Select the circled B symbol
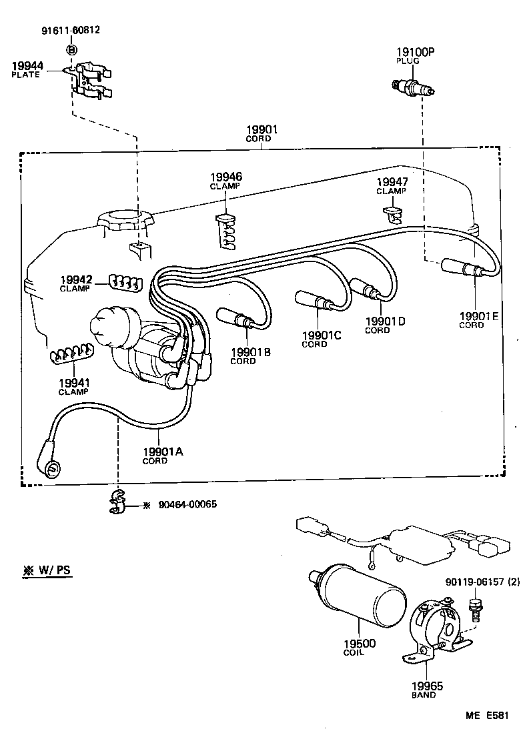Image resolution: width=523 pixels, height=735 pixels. click(72, 50)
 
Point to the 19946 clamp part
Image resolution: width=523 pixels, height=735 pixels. click(226, 231)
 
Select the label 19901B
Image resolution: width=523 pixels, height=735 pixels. click(250, 352)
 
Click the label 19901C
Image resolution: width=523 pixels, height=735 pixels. click(321, 335)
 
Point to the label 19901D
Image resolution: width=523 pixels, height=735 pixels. click(385, 321)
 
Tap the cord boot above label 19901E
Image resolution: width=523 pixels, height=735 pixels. click(460, 268)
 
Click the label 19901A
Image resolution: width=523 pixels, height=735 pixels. click(162, 451)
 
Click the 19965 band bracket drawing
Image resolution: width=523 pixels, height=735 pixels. click(432, 630)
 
